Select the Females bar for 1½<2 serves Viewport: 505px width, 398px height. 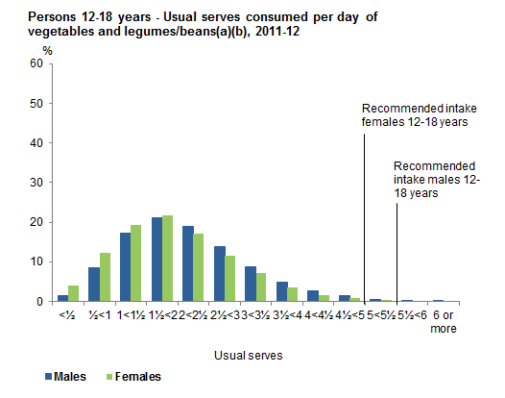(168, 259)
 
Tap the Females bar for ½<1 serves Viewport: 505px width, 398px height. (106, 277)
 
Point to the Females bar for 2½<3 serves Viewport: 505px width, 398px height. (230, 279)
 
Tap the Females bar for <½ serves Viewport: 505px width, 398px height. (74, 293)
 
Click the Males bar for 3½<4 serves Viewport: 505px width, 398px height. (281, 291)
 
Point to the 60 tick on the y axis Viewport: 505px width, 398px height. (37, 64)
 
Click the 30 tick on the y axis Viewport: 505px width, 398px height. (37, 183)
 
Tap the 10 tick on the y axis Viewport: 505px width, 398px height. (37, 261)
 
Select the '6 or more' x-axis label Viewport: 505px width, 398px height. (439, 320)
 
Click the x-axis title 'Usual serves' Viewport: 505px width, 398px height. (249, 354)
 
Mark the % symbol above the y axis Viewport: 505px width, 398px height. (47, 50)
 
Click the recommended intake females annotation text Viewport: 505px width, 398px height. (414, 115)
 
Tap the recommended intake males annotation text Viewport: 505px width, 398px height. (438, 179)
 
